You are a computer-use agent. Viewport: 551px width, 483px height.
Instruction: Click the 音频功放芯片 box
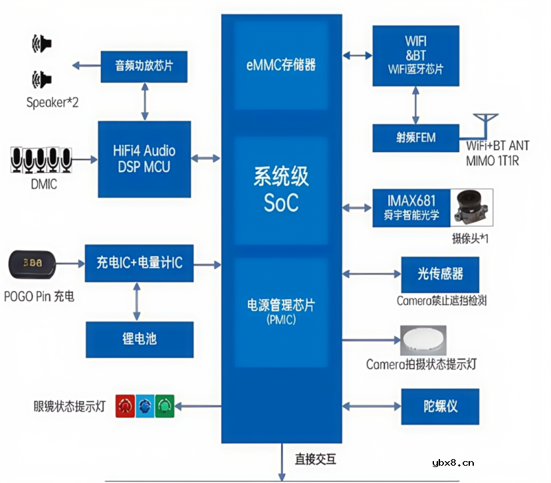[x=142, y=66]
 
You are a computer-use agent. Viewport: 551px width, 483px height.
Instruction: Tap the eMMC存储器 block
[x=280, y=65]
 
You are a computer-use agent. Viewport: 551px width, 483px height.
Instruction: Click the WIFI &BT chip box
[x=415, y=56]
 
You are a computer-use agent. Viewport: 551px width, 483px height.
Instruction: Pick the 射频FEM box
[x=415, y=138]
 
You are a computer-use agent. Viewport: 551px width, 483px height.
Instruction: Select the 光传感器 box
[x=439, y=273]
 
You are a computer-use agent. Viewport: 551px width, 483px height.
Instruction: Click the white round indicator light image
[x=423, y=340]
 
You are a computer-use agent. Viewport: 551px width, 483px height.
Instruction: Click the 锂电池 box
[x=140, y=339]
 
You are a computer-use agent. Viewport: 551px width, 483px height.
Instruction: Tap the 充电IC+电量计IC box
[x=140, y=264]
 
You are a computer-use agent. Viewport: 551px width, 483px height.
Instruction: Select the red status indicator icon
[x=124, y=406]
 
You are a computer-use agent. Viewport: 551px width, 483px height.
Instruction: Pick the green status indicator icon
[x=164, y=406]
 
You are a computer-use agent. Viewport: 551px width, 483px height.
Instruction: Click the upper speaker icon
[x=41, y=44]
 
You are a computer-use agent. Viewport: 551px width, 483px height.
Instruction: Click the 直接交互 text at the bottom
[x=316, y=459]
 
